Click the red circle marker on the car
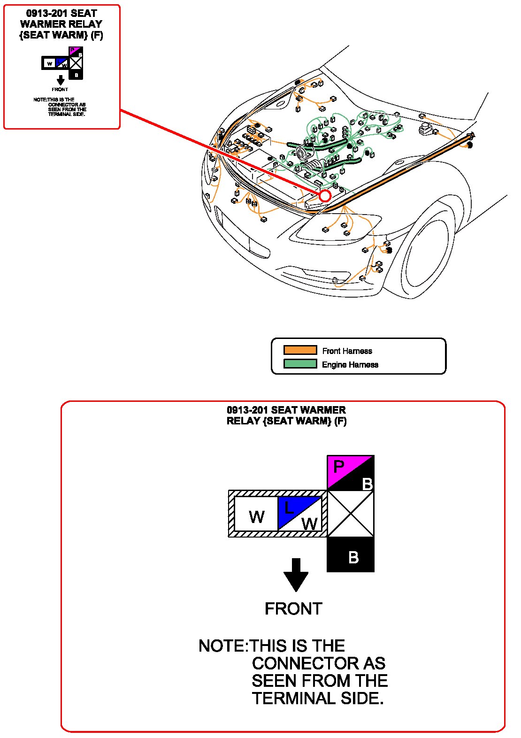325,196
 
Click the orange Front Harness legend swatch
300,350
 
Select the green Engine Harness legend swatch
300,364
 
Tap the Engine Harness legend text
350,364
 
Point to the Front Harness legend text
347,351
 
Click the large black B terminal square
351,554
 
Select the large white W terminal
256,514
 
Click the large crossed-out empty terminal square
351,514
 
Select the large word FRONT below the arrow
293,609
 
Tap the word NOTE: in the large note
222,646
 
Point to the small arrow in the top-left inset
60,80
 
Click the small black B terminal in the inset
76,75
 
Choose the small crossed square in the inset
76,63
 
